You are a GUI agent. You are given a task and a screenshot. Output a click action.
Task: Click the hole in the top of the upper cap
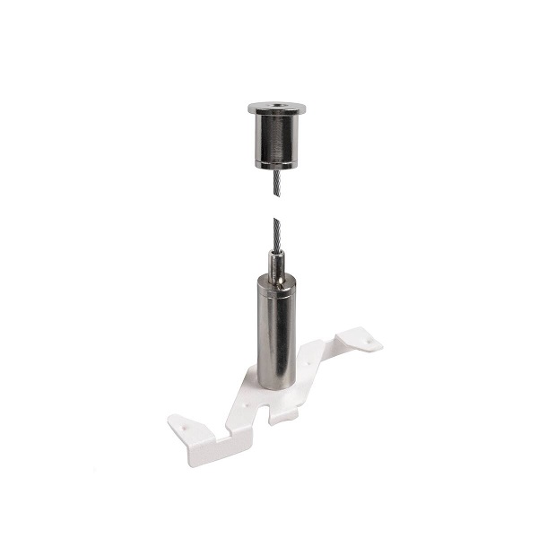pyautogui.click(x=277, y=107)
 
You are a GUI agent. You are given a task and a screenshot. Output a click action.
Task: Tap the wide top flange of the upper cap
pyautogui.click(x=276, y=110)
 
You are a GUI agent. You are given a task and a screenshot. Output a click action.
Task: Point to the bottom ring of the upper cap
pyautogui.click(x=276, y=164)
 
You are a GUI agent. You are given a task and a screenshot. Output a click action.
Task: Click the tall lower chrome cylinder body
pyautogui.click(x=276, y=332)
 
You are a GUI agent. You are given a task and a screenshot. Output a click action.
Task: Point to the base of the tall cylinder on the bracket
pyautogui.click(x=276, y=384)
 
